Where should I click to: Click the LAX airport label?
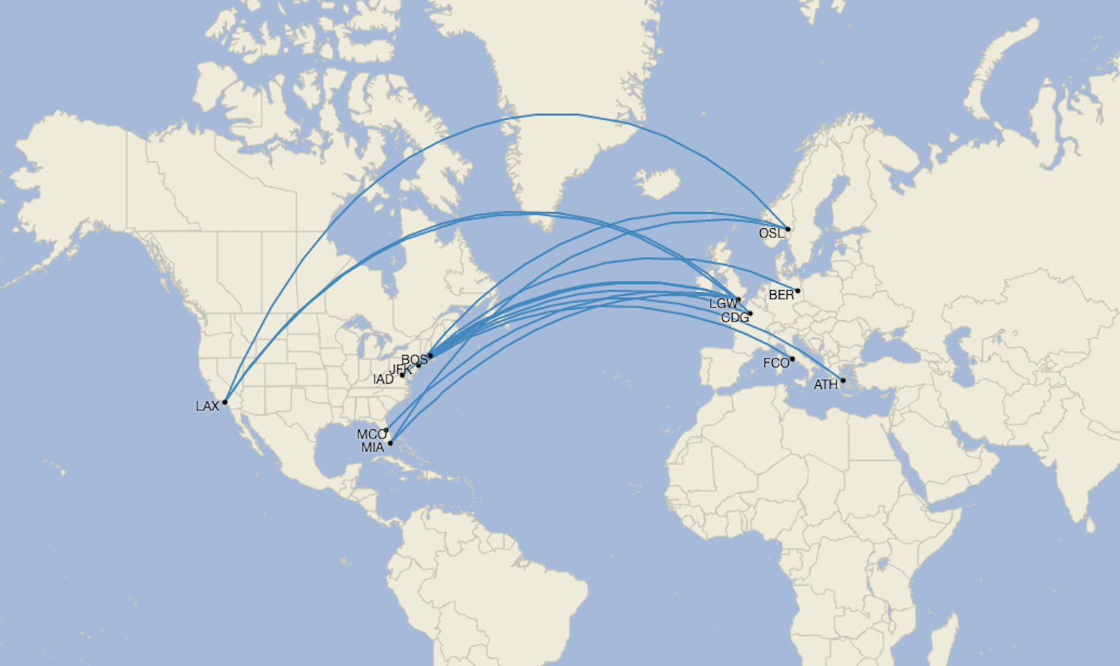click(207, 407)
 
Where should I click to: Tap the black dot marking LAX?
click(225, 402)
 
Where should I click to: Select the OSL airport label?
click(771, 233)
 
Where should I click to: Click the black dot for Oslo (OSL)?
click(787, 229)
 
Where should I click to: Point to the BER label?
click(781, 295)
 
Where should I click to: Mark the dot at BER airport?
click(797, 291)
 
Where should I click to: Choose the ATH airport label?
click(825, 384)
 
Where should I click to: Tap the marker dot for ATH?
click(843, 381)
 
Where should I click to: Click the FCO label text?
click(776, 363)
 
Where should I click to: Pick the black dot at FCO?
click(792, 359)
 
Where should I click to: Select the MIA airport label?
click(372, 448)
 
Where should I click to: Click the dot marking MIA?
click(391, 443)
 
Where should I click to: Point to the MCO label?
click(371, 435)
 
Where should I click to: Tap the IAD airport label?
click(383, 380)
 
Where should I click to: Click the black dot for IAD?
click(402, 375)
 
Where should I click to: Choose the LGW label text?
click(723, 304)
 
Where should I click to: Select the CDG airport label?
click(734, 318)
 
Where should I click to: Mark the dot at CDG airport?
click(750, 314)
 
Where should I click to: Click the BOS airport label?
click(413, 360)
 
